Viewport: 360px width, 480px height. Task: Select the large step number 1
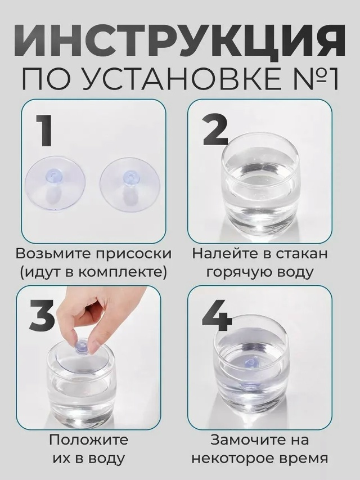click(43, 131)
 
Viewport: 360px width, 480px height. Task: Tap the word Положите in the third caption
click(89, 440)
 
